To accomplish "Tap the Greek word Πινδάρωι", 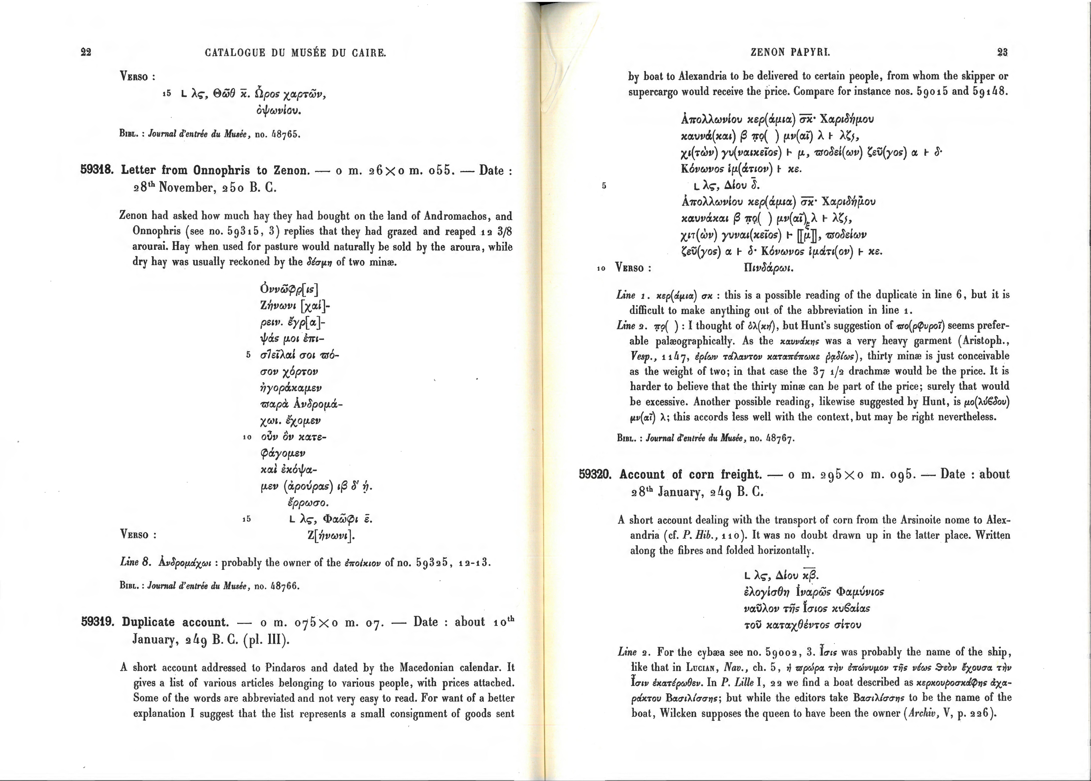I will (768, 268).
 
